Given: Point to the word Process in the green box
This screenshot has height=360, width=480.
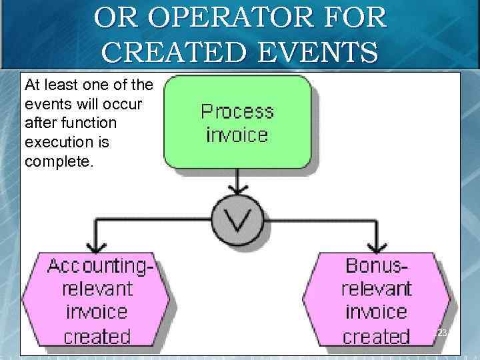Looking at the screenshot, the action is pos(237,111).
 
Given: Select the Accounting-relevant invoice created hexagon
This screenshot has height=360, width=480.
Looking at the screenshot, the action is pos(97,301).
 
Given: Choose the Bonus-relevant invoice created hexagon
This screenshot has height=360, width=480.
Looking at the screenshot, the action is pos(377,301).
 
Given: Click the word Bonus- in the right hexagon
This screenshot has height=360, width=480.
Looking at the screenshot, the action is pos(377,266).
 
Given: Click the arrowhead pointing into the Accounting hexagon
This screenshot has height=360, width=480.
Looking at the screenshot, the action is pos(97,246).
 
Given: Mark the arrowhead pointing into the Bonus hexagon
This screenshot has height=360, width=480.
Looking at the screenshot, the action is pos(377,246).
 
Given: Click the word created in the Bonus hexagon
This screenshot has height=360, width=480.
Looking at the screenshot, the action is pos(377,335).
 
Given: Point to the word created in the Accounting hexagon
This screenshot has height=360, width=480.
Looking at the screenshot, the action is pos(97,335).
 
